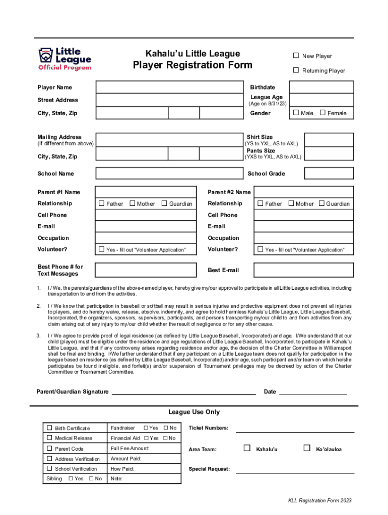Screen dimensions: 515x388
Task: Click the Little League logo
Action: pyautogui.click(x=64, y=58)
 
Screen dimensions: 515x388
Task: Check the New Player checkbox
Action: pyautogui.click(x=296, y=56)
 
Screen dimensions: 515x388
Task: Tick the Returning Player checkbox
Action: pyautogui.click(x=296, y=70)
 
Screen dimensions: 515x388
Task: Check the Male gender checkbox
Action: pyautogui.click(x=296, y=113)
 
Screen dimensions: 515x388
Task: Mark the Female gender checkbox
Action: pyautogui.click(x=323, y=113)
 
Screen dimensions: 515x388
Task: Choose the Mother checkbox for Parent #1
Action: pyautogui.click(x=133, y=203)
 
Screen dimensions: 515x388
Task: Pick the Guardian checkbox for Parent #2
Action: pyautogui.click(x=321, y=203)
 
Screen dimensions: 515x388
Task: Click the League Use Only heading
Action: pyautogui.click(x=194, y=412)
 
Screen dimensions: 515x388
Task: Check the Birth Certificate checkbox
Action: pyautogui.click(x=50, y=427)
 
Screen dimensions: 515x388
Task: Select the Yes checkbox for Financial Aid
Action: pyautogui.click(x=146, y=438)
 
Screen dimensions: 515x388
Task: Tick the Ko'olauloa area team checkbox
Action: pyautogui.click(x=307, y=448)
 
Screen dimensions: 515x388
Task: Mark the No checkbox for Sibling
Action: pyautogui.click(x=91, y=478)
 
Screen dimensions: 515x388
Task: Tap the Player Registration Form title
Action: pyautogui.click(x=192, y=65)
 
